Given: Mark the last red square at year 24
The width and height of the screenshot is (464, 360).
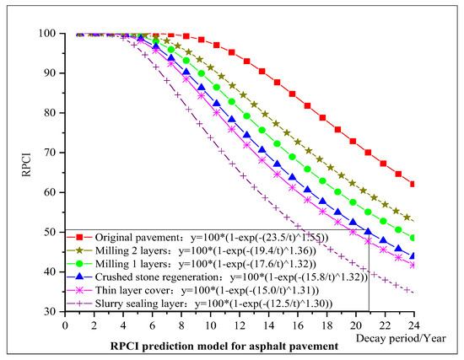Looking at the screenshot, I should (x=413, y=184).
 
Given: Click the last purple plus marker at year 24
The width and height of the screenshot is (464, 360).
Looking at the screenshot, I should (x=413, y=293).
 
